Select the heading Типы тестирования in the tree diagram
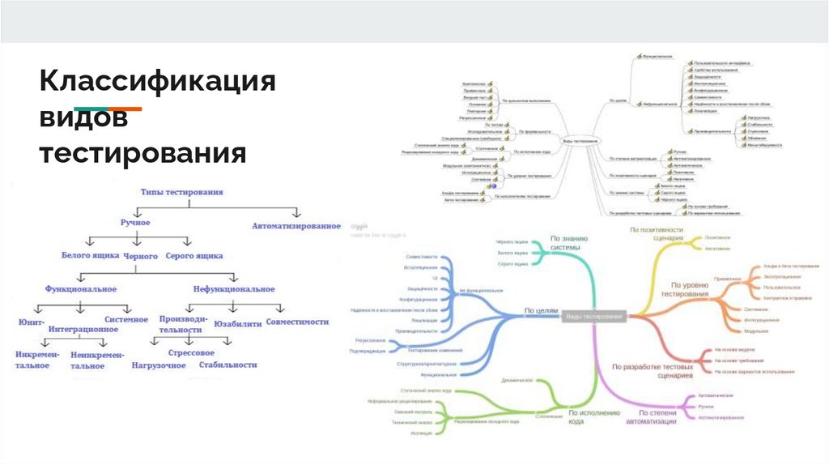(x=182, y=193)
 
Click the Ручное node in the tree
(x=135, y=221)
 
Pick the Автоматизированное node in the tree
(x=295, y=226)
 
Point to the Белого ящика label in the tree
(x=90, y=255)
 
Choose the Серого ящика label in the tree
(x=193, y=255)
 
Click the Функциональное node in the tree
(x=81, y=288)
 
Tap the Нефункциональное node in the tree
(x=234, y=288)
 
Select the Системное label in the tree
(x=125, y=319)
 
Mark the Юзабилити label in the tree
(x=239, y=323)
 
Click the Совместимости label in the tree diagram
(x=297, y=322)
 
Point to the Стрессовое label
(x=191, y=353)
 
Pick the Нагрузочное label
(x=159, y=365)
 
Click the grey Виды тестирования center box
(x=595, y=315)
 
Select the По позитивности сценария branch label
(x=657, y=235)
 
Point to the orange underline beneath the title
(x=125, y=109)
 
